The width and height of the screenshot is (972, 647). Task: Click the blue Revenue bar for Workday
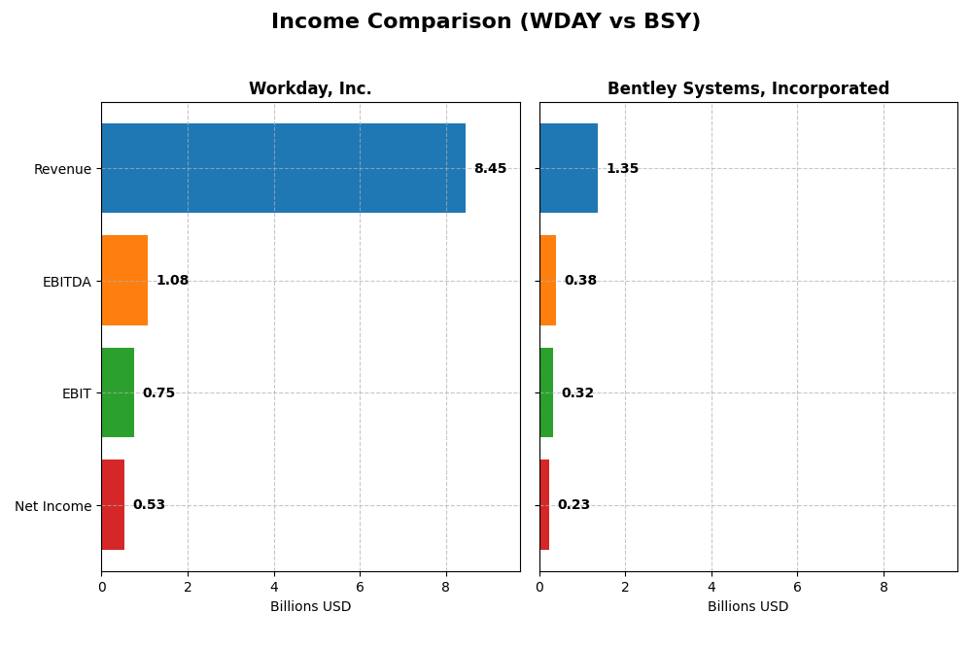coord(283,168)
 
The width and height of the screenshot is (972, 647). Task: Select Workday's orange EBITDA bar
coord(124,281)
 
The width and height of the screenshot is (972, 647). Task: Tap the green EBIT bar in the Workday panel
coord(118,392)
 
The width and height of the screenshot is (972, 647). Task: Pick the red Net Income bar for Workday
coord(113,505)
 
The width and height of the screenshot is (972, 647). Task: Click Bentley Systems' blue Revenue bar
coord(569,168)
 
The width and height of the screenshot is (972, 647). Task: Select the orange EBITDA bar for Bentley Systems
coord(547,281)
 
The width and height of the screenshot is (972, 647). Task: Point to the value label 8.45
coord(490,169)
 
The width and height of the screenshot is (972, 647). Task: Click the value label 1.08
coord(172,281)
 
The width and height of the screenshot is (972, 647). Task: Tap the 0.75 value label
coord(158,393)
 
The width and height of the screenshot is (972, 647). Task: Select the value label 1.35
coord(622,169)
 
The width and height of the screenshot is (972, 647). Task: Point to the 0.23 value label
coord(573,505)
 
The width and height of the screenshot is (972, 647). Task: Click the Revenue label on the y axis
coord(62,169)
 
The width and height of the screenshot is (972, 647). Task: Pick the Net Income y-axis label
coord(52,506)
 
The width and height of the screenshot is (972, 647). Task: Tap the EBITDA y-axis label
coord(66,282)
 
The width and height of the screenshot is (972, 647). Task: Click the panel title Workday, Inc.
coord(310,89)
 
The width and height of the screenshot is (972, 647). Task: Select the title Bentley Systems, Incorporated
coord(747,89)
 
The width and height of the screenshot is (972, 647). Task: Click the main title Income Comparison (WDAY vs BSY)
coord(485,22)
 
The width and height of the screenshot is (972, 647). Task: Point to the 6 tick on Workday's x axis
coord(360,587)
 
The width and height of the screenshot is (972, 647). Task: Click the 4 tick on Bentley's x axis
coord(712,587)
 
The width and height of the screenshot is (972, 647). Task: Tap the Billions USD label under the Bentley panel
coord(747,607)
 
